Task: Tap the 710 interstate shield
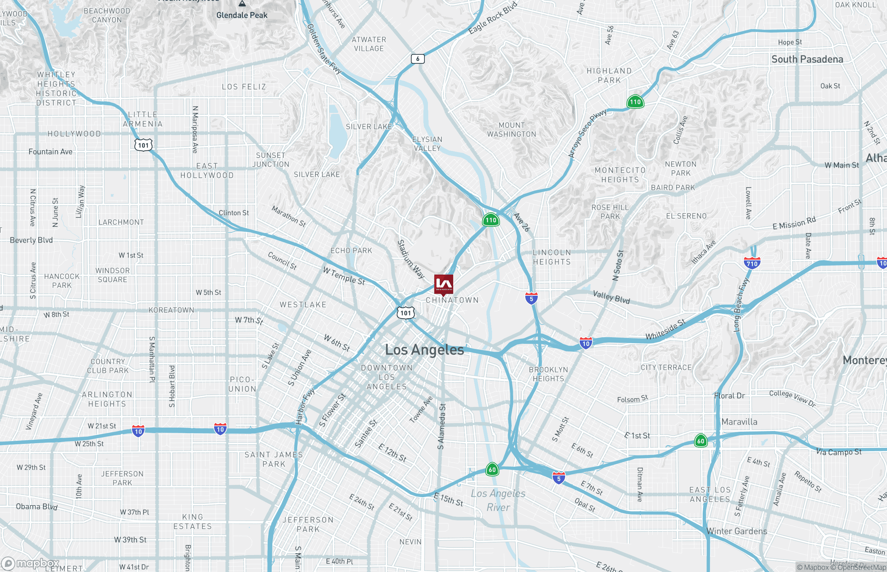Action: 752,263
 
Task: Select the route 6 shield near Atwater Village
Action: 418,59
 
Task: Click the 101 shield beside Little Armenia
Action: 143,145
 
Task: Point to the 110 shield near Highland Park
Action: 635,102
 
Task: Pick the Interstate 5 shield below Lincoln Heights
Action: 532,298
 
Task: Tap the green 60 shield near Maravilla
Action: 701,441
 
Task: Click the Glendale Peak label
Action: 242,15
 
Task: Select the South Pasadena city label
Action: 807,59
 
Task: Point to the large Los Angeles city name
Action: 424,349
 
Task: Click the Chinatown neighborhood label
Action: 452,300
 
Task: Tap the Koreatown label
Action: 171,310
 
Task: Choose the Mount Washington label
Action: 512,129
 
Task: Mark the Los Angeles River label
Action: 498,500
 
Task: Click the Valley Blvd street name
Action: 611,297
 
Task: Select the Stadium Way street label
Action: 411,259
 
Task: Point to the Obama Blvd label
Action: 36,507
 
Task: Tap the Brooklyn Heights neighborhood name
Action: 548,374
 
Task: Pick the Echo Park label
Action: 351,251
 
